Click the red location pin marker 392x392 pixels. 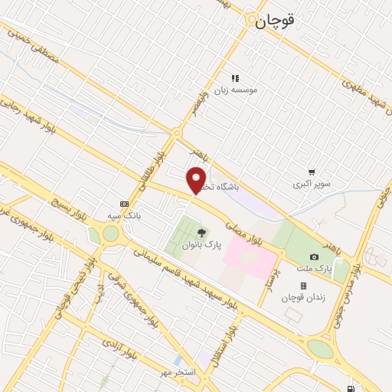coord(197,179)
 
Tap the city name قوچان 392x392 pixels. coord(273,21)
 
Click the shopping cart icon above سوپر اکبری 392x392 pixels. coord(311,172)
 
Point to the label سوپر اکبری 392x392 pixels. coord(312,185)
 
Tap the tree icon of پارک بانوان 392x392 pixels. coord(201,232)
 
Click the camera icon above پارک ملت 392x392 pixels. coord(314,256)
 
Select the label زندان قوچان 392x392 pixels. coord(303,297)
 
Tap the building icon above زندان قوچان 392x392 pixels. coord(303,286)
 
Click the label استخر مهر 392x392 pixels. coord(178,372)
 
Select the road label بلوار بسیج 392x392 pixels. coord(69,202)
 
